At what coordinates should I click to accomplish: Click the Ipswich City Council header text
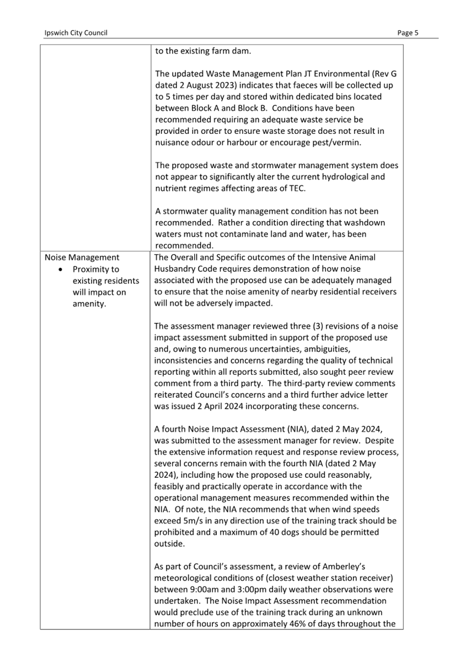(76, 33)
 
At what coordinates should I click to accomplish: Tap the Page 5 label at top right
(408, 33)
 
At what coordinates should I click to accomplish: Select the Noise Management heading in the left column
(82, 257)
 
